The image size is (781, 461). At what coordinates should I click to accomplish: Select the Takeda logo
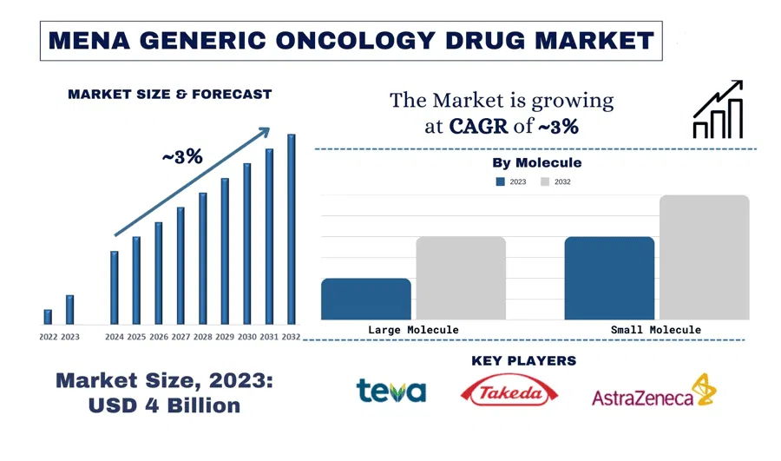509,392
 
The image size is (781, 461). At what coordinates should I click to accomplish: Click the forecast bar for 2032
291,227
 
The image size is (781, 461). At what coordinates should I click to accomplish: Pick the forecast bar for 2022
48,317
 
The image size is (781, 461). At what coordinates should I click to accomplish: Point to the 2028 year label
202,337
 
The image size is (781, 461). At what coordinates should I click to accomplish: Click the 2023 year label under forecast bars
69,337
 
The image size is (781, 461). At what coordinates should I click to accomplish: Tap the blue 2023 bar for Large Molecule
365,299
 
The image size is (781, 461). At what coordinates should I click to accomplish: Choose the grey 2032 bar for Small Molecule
704,257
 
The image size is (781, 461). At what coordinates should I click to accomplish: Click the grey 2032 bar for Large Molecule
460,278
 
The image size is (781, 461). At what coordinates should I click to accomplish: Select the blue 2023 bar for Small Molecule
609,278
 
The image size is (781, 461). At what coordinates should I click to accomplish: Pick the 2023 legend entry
511,182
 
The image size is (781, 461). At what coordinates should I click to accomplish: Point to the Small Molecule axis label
657,330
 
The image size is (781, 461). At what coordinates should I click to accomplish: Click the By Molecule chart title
536,162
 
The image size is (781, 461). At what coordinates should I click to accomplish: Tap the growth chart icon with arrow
718,110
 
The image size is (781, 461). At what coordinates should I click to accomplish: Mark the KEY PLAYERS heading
523,360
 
